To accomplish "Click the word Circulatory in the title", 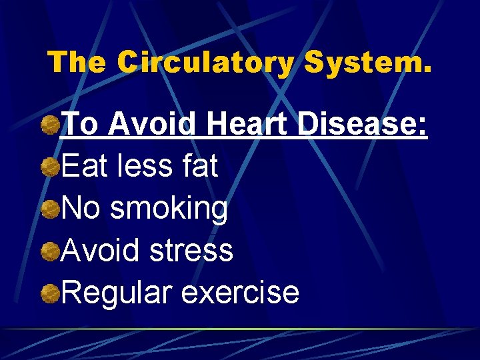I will (205, 63).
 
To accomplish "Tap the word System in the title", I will (367, 63).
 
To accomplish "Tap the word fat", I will (200, 166).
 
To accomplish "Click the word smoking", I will (169, 209).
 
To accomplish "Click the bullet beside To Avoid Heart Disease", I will (48, 124).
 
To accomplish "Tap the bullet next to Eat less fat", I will (48, 167).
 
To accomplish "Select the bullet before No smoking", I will (48, 209).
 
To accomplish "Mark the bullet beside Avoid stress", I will (48, 251).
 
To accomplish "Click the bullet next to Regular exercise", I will (48, 293).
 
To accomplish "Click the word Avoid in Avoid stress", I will (100, 251).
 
